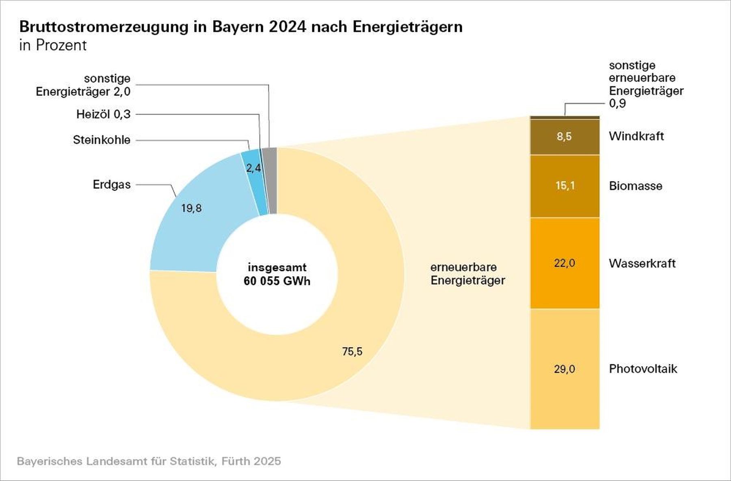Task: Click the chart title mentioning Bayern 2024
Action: [x=241, y=27]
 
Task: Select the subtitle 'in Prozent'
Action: [x=53, y=45]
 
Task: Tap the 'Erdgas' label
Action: [x=112, y=184]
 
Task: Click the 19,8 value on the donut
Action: [x=191, y=208]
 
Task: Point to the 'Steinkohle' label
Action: [x=102, y=140]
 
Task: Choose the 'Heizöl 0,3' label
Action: [x=104, y=114]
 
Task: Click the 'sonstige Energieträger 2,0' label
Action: [x=83, y=85]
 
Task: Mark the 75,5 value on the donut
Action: [x=352, y=351]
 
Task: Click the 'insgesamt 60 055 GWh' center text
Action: [x=277, y=274]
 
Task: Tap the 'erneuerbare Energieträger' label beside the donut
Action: [x=468, y=274]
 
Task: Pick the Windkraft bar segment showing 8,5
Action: [x=564, y=136]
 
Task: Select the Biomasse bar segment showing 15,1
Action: [x=564, y=186]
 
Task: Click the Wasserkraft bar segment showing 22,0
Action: [x=564, y=263]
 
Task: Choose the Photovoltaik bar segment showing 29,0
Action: [x=564, y=369]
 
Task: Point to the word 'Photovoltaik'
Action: [x=643, y=369]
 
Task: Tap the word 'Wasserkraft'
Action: [x=642, y=263]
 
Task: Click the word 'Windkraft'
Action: [x=636, y=136]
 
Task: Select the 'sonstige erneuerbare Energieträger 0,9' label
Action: [x=646, y=84]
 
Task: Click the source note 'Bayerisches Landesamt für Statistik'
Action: [x=149, y=461]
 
